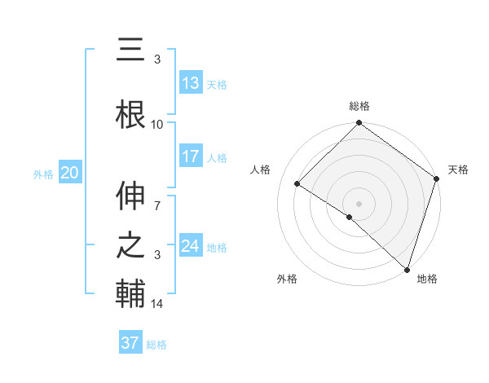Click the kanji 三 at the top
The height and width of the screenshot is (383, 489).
point(130,50)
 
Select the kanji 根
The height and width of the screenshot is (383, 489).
point(130,113)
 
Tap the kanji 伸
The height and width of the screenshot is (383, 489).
point(130,195)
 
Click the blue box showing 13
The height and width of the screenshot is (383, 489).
point(191,83)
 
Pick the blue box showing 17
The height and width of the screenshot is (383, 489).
point(191,156)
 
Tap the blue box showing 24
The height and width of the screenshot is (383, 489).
point(191,246)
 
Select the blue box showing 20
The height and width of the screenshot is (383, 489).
point(70,173)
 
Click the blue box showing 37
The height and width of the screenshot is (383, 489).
point(130,343)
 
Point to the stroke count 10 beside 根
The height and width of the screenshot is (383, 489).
point(157,125)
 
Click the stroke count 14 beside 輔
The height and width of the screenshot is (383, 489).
point(157,304)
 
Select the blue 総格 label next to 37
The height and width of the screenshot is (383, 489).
point(156,345)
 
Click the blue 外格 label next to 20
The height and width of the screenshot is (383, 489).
point(43,174)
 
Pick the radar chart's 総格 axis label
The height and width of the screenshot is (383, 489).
point(359,106)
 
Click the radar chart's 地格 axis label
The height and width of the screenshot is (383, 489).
point(427,280)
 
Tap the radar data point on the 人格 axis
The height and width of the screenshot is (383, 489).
point(297,184)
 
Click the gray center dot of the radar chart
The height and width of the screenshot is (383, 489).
point(359,203)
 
